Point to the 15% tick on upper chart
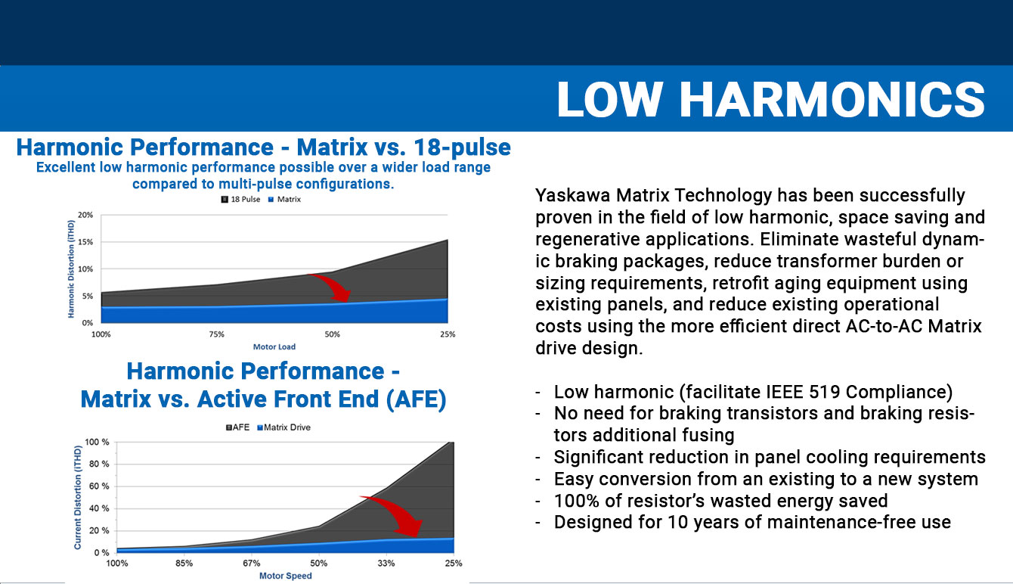(85, 242)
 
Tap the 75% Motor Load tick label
(216, 334)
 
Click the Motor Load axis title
(274, 346)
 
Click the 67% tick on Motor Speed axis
(251, 564)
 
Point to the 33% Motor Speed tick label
(386, 564)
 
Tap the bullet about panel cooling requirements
(769, 457)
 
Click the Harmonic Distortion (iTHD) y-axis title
(70, 269)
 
